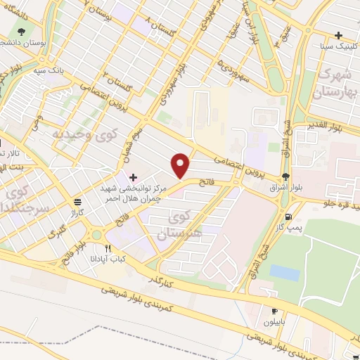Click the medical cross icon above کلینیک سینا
[x=339, y=35]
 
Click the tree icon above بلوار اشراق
[x=285, y=176]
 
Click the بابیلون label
[x=274, y=325]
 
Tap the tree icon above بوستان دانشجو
[x=20, y=32]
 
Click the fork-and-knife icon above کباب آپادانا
[x=108, y=248]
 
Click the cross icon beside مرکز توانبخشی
[x=134, y=176]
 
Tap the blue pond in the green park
[x=284, y=272]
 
